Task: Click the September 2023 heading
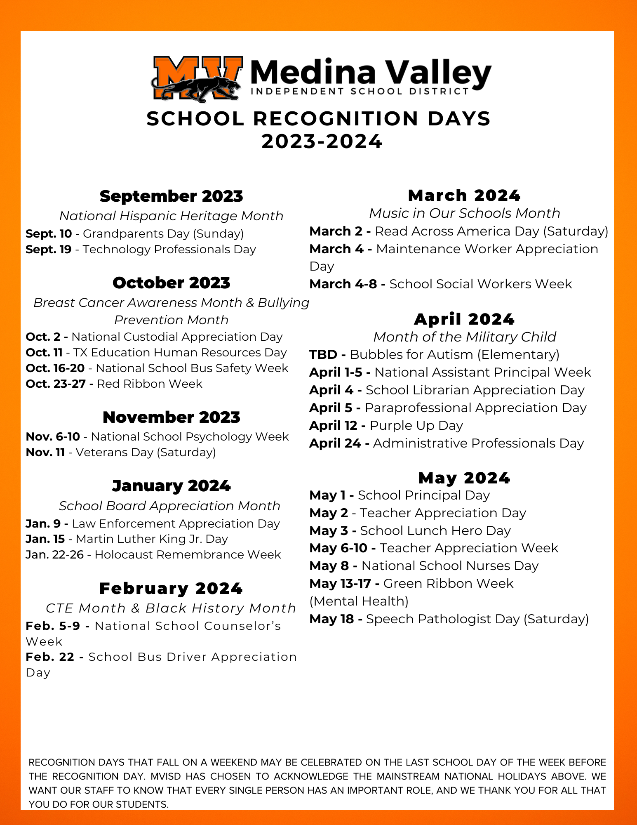[x=171, y=196]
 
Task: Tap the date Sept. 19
[x=48, y=250]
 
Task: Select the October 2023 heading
[x=171, y=283]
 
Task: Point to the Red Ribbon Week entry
[x=149, y=384]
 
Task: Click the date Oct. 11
[x=44, y=353]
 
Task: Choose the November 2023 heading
[x=171, y=417]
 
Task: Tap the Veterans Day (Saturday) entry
[x=146, y=453]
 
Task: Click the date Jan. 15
[x=45, y=539]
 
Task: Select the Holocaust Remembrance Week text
[x=188, y=555]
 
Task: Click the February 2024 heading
[x=171, y=589]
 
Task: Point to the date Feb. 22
[x=50, y=657]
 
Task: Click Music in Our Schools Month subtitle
[x=464, y=213]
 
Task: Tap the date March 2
[x=336, y=231]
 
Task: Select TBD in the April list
[x=323, y=355]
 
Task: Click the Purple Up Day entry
[x=416, y=426]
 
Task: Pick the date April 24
[x=335, y=443]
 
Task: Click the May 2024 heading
[x=464, y=478]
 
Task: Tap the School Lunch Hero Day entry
[x=435, y=531]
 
